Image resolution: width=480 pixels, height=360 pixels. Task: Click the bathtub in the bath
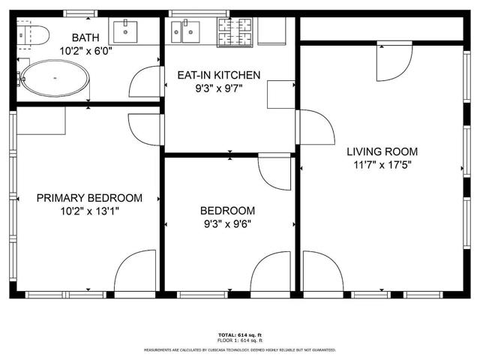click(54, 77)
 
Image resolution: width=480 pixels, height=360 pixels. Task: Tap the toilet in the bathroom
click(33, 34)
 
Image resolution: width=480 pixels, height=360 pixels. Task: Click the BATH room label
click(85, 37)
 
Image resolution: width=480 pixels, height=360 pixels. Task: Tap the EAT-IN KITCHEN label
click(218, 75)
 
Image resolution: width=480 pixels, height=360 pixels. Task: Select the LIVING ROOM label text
click(382, 151)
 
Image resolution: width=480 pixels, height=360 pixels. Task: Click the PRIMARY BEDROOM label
click(89, 198)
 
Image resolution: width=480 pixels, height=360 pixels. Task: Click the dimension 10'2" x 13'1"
click(89, 211)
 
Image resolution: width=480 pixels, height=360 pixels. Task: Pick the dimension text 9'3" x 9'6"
click(227, 223)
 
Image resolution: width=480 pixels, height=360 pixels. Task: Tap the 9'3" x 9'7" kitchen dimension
click(218, 88)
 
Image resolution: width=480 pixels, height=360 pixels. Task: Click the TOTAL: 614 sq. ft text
click(240, 334)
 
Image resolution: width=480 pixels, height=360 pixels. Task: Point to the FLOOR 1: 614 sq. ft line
click(240, 340)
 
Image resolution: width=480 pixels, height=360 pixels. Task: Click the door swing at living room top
click(390, 64)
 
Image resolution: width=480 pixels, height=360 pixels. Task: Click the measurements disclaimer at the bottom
click(240, 350)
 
